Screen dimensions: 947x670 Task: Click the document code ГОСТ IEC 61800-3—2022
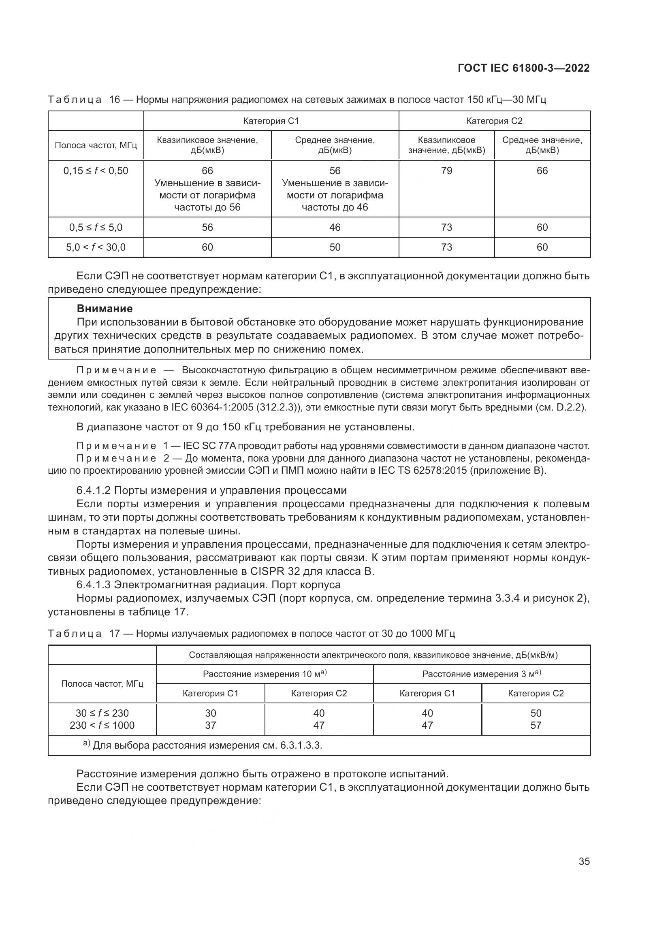pos(523,68)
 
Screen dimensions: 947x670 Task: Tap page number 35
pos(584,861)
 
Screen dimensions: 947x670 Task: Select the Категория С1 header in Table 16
pos(271,121)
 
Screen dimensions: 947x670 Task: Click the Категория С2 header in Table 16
pos(494,121)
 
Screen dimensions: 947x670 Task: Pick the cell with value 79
pos(446,171)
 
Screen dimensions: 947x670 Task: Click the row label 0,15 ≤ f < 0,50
pos(96,171)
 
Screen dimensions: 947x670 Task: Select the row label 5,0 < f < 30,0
pos(96,247)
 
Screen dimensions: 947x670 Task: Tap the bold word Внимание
pos(105,309)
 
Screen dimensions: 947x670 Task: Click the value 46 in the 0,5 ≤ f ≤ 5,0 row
pos(335,227)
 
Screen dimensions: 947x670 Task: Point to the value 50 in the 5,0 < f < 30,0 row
pos(335,247)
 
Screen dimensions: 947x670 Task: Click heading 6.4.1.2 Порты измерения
pos(211,490)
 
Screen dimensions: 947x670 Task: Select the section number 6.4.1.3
pos(94,585)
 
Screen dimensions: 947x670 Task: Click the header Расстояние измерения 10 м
pos(265,674)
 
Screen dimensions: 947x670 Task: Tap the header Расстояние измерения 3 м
pos(481,674)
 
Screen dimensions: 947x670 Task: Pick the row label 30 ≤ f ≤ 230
pos(102,713)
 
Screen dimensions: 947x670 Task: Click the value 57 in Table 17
pos(536,725)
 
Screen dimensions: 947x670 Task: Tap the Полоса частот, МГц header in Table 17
pos(102,684)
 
